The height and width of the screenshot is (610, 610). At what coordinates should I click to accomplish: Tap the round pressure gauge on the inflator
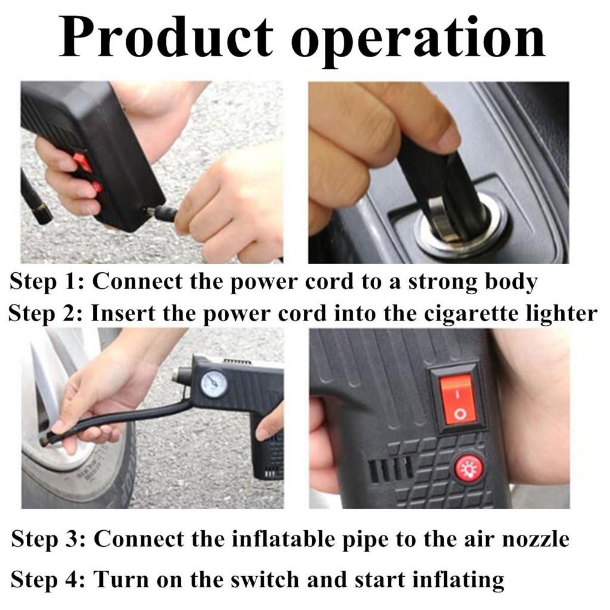coord(213,384)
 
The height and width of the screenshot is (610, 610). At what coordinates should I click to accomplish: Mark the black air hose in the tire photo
coord(119,418)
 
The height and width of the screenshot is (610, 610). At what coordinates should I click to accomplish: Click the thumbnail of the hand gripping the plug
coord(438,172)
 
